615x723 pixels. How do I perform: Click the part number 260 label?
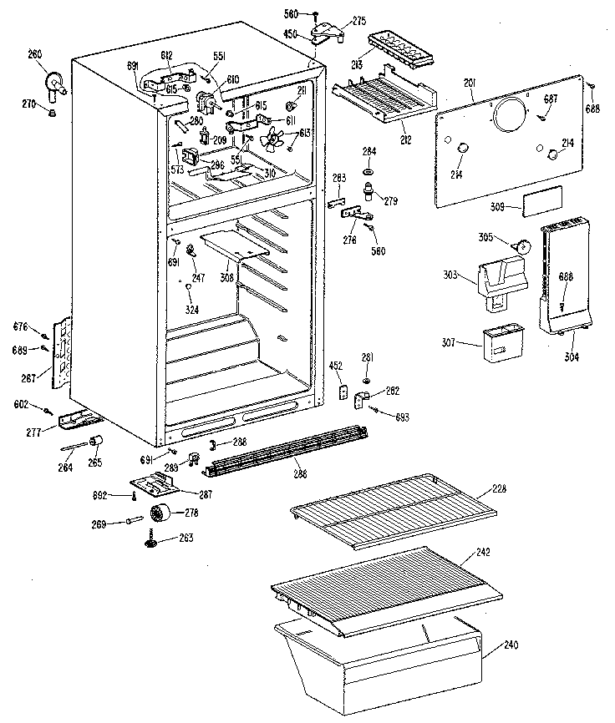tap(34, 55)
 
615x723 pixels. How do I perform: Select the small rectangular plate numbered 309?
tap(541, 203)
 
